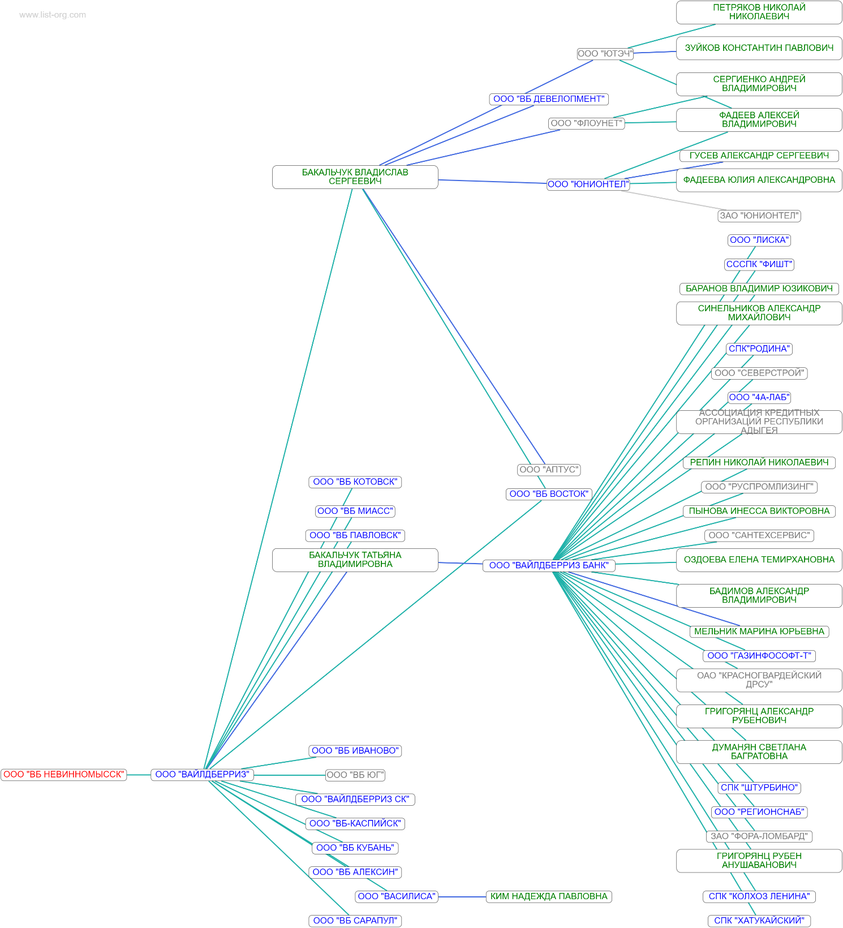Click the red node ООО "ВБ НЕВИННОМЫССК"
click(x=63, y=775)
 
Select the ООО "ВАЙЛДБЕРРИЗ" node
click(x=202, y=775)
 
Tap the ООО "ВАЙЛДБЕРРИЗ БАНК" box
click(x=548, y=565)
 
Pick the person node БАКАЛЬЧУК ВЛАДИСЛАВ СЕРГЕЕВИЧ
click(x=355, y=177)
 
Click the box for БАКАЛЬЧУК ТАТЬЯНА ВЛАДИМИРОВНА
click(x=355, y=560)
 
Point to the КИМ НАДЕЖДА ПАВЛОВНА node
click(x=548, y=896)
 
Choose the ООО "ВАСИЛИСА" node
click(x=397, y=896)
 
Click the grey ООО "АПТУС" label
click(x=548, y=470)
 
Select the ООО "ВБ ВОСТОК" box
click(x=548, y=494)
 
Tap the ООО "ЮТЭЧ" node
click(x=605, y=54)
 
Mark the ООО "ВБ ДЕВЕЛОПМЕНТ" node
click(x=548, y=99)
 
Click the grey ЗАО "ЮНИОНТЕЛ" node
click(x=759, y=216)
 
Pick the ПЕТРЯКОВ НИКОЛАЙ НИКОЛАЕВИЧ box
click(x=759, y=12)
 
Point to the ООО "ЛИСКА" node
click(x=759, y=240)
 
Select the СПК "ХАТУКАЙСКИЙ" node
click(x=759, y=921)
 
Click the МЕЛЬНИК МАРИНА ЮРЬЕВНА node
click(x=759, y=631)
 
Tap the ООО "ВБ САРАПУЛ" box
click(x=355, y=921)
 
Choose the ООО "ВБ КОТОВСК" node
click(x=355, y=482)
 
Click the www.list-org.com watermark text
click(x=53, y=15)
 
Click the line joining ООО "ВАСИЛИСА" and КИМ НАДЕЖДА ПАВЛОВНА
click(x=462, y=896)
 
